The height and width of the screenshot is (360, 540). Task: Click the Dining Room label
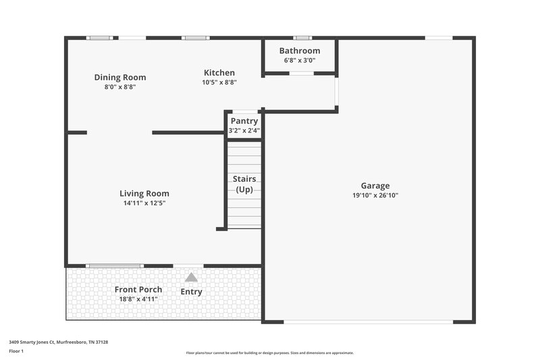[119, 77]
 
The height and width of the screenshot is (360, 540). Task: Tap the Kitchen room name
[219, 73]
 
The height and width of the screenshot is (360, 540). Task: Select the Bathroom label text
[300, 51]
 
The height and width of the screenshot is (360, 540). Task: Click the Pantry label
[244, 121]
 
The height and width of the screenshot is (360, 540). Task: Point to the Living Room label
[144, 193]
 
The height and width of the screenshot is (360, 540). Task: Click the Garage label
[375, 186]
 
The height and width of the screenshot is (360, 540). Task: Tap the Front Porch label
[138, 290]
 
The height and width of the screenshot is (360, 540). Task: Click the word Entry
[191, 292]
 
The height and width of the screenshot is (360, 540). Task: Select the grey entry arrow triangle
[191, 277]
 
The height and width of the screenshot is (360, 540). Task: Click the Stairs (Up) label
[244, 184]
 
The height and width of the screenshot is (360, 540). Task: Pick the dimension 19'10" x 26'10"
[375, 196]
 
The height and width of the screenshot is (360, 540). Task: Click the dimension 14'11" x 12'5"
[144, 203]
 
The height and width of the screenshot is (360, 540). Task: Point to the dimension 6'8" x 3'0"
[300, 61]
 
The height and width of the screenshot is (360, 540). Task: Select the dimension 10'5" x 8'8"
[219, 82]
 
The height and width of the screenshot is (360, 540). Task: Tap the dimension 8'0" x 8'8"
[119, 86]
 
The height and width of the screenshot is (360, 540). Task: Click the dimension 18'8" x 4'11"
[138, 299]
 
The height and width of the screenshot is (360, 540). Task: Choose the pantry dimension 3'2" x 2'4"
[244, 130]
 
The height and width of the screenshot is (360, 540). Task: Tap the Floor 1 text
[16, 351]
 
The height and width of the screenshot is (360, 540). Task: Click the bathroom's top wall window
[302, 38]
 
